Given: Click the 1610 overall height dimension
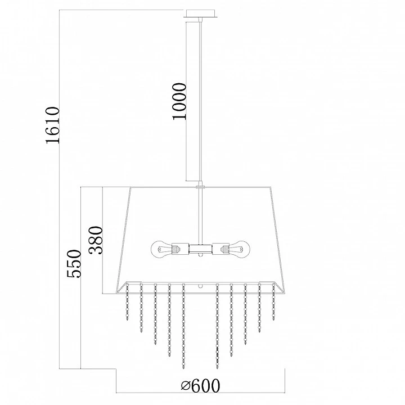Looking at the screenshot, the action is tap(53, 125).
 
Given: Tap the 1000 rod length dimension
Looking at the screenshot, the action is tap(179, 101).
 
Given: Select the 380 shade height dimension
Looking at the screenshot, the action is tap(96, 240).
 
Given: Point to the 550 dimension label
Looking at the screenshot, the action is tap(74, 263).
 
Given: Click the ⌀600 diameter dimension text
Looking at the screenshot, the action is tap(200, 386).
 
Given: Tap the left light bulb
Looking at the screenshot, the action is tap(161, 249).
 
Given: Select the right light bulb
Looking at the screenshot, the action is tap(239, 249).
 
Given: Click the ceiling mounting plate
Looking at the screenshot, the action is tap(200, 14).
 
